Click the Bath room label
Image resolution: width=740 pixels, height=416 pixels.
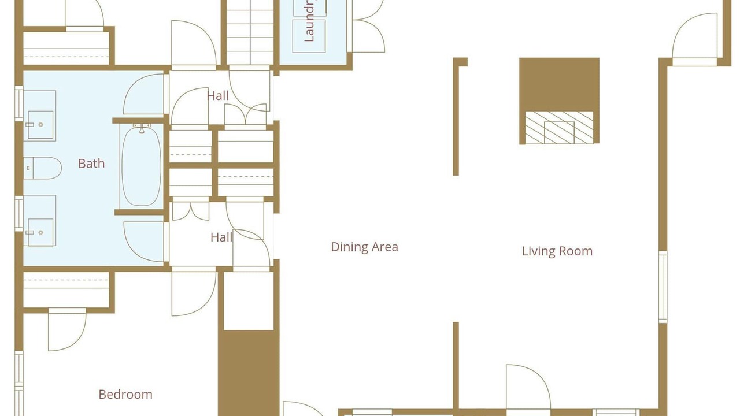[91, 164]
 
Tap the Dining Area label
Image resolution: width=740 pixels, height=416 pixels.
[364, 247]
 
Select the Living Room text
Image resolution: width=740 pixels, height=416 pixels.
[557, 251]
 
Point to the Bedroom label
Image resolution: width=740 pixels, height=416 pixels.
[125, 394]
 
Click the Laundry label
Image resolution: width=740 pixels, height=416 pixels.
[309, 21]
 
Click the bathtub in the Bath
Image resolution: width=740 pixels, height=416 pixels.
[142, 166]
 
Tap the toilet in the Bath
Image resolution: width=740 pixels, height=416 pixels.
[43, 168]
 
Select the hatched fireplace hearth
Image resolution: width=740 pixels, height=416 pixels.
[559, 128]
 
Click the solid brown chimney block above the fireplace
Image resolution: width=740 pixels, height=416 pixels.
[559, 84]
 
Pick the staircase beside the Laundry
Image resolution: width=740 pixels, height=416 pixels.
[250, 32]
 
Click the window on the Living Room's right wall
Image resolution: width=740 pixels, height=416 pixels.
[663, 287]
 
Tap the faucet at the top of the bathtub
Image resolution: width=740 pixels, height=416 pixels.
[142, 128]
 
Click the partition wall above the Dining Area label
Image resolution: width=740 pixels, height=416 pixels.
[457, 116]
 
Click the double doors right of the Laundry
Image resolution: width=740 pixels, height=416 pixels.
[368, 26]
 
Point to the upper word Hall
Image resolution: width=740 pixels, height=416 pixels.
[218, 96]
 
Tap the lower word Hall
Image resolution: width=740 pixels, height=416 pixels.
[221, 237]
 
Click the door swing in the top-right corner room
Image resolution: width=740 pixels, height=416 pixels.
[695, 38]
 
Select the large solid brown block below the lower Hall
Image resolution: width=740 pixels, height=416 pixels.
[249, 373]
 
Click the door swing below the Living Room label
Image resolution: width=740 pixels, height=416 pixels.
[528, 387]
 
